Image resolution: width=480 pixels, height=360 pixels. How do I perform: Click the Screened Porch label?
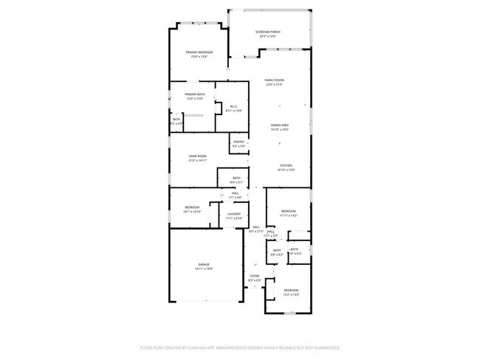pos(267,32)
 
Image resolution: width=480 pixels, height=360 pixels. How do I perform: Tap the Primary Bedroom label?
pos(199,52)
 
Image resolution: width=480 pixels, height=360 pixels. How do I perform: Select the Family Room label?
pos(275,80)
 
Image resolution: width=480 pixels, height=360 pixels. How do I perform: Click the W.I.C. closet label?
pos(233,106)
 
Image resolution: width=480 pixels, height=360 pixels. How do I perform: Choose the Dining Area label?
pos(279,125)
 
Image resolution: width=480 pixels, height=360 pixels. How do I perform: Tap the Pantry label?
pos(239,142)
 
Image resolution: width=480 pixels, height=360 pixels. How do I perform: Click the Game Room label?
pos(197,156)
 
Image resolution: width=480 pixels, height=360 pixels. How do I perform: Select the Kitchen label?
pos(286,165)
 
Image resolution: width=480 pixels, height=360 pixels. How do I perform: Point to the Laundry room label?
pos(233,214)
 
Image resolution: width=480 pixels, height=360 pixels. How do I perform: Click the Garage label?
pos(203,264)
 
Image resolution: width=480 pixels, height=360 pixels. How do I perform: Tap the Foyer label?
pos(254,277)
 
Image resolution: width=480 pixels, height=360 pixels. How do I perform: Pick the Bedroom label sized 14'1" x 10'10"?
pos(192,207)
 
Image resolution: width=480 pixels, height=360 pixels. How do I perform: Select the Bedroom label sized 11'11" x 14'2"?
pos(289,212)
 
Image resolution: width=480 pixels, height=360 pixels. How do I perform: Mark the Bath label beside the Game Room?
pos(236,177)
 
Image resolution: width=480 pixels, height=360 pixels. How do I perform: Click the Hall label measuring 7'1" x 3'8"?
pos(234,193)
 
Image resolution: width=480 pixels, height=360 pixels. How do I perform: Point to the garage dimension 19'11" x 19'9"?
pos(203,269)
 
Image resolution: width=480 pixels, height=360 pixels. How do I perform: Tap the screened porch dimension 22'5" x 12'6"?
pos(267,36)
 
